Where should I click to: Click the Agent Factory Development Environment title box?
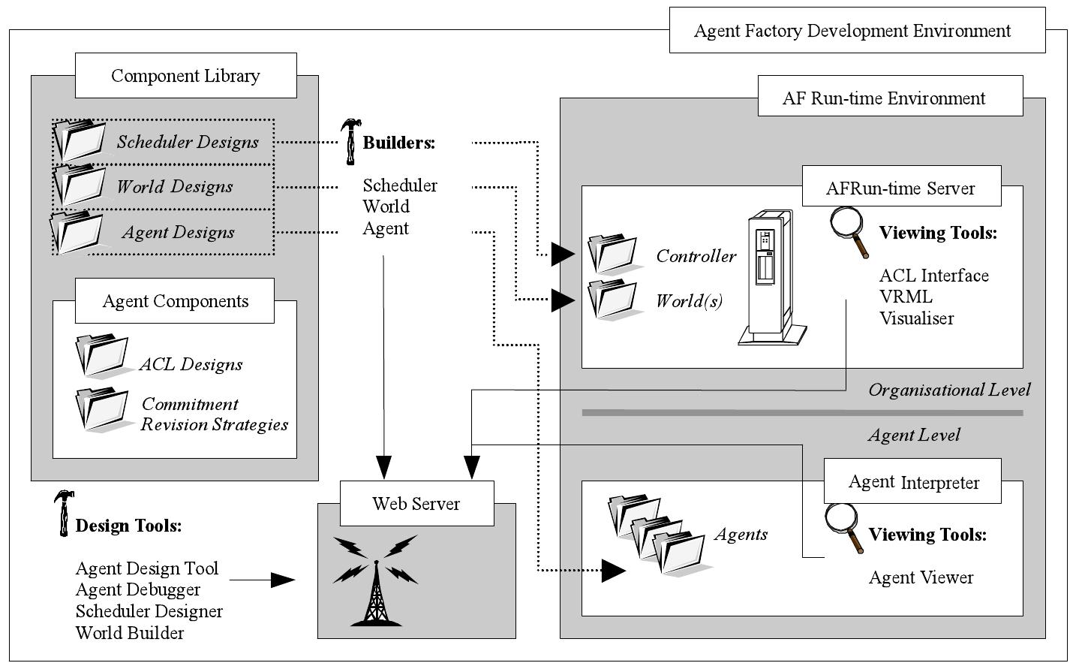[857, 31]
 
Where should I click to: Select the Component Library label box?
[185, 76]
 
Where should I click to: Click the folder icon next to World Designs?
[80, 185]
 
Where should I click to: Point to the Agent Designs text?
[178, 233]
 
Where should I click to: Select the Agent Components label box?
[175, 302]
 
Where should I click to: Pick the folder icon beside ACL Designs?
[104, 356]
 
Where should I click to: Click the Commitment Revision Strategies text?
[214, 414]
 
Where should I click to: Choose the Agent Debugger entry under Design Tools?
[138, 589]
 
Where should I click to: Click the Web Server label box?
[416, 504]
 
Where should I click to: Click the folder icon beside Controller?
[612, 254]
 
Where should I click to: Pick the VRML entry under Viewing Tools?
[906, 297]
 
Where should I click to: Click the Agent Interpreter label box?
[913, 482]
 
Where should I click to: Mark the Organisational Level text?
[949, 390]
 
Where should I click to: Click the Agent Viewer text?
[921, 577]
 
